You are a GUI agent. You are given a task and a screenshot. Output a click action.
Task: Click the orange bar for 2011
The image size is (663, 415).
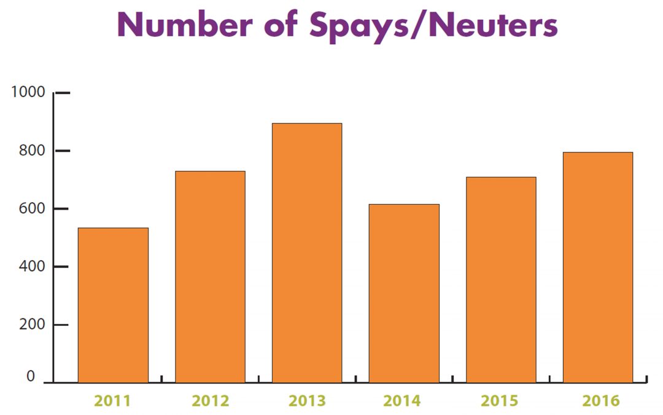click(113, 306)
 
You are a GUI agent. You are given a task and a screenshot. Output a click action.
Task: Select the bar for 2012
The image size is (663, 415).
click(210, 277)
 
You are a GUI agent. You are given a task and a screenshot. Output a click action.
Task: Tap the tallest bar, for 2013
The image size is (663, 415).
click(307, 253)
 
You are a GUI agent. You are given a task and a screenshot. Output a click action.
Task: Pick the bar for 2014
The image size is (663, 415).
click(404, 293)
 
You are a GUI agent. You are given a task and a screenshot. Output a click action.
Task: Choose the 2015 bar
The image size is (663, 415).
click(501, 280)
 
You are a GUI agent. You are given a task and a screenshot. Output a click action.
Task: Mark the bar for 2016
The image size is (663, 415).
click(598, 267)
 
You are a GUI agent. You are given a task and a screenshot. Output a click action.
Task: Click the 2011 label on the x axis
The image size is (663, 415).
click(112, 401)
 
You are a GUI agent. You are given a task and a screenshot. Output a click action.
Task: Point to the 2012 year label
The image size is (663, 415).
click(210, 401)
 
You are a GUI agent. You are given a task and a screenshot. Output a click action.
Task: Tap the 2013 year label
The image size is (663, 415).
click(307, 401)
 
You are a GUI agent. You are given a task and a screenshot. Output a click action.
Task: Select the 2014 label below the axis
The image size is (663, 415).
click(403, 401)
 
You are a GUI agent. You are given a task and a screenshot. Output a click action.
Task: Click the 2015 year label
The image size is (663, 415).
click(500, 401)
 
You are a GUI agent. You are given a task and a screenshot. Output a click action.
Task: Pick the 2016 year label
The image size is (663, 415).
click(601, 401)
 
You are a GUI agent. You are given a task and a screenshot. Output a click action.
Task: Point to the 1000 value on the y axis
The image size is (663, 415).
click(28, 92)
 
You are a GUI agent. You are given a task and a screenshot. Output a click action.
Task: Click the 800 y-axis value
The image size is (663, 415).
click(31, 151)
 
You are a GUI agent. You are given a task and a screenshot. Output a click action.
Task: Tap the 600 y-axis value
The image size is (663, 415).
click(31, 208)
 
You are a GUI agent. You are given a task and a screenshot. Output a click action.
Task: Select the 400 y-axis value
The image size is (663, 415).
click(31, 267)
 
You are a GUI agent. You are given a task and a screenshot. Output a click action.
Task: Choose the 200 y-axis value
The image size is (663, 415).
click(31, 325)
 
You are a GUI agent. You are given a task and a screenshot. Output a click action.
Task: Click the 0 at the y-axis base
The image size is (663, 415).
click(31, 377)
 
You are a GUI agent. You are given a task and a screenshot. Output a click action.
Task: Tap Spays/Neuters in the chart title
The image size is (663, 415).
click(433, 26)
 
